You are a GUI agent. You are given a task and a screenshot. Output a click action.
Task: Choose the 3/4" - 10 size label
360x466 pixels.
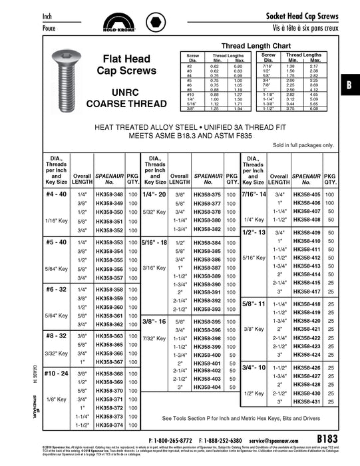[x=254, y=367]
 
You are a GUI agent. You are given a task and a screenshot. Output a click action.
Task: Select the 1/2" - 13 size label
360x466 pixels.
[x=254, y=232]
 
